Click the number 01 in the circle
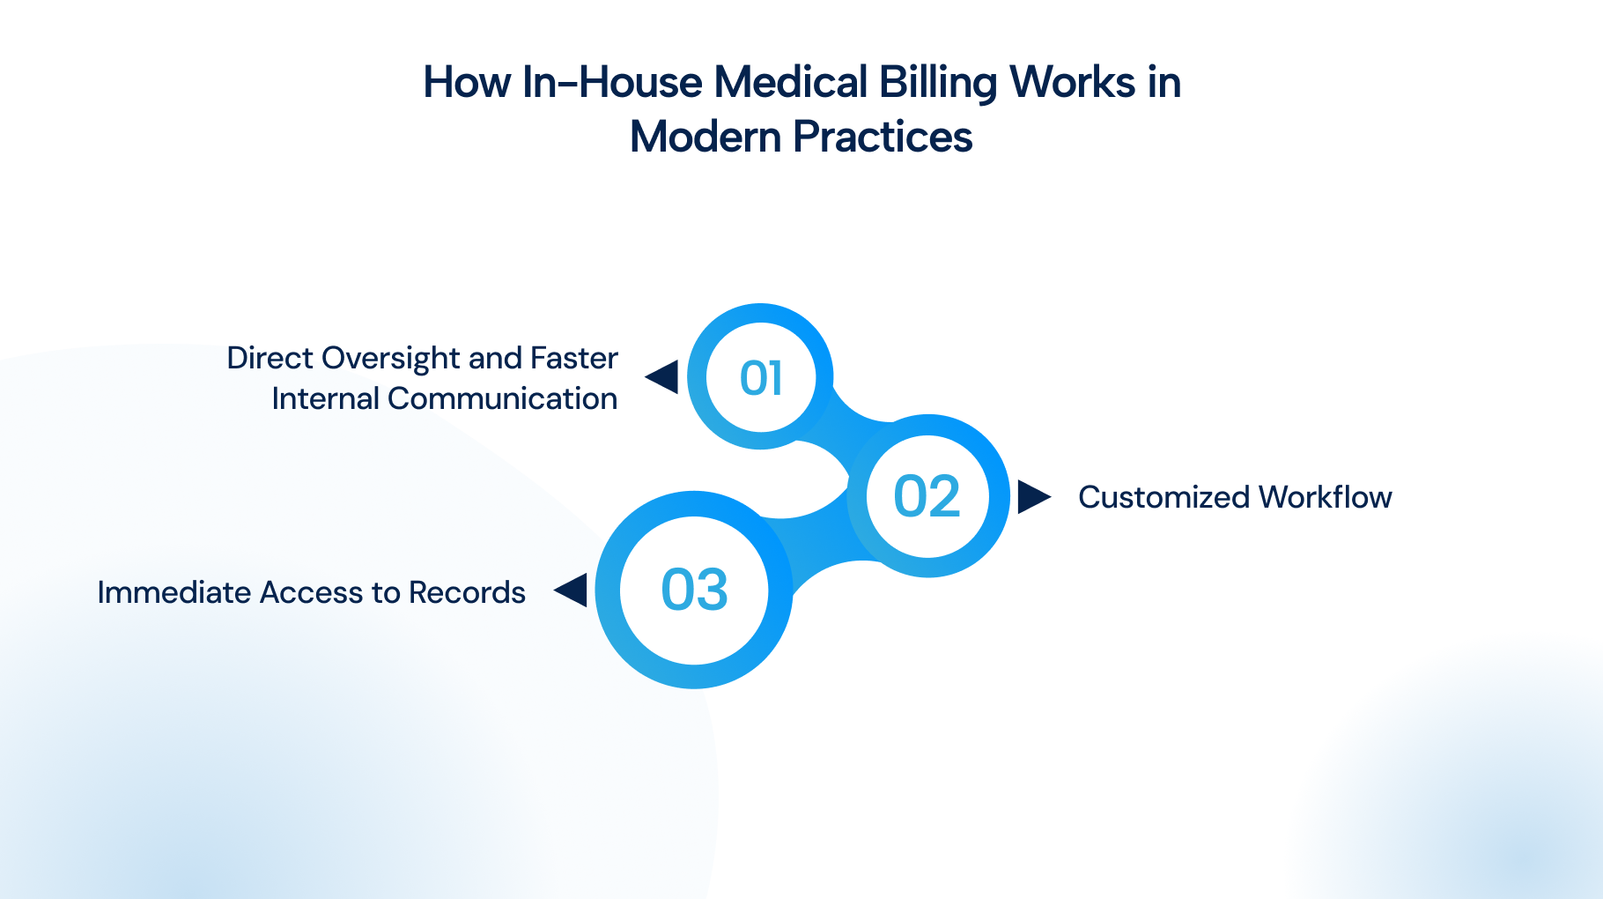pyautogui.click(x=761, y=378)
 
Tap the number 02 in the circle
pyautogui.click(x=927, y=496)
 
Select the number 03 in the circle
pyautogui.click(x=694, y=590)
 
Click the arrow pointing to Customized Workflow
pyautogui.click(x=1034, y=496)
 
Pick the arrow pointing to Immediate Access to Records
pyautogui.click(x=571, y=590)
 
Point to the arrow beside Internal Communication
pyautogui.click(x=661, y=377)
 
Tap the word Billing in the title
pyautogui.click(x=938, y=84)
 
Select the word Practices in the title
pyautogui.click(x=883, y=137)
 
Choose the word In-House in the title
pyautogui.click(x=613, y=82)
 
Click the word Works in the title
pyautogui.click(x=1072, y=82)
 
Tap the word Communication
pyautogui.click(x=502, y=398)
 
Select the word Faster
pyautogui.click(x=574, y=358)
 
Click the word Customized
pyautogui.click(x=1163, y=497)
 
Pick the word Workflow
pyautogui.click(x=1326, y=497)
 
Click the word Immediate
pyautogui.click(x=174, y=592)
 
